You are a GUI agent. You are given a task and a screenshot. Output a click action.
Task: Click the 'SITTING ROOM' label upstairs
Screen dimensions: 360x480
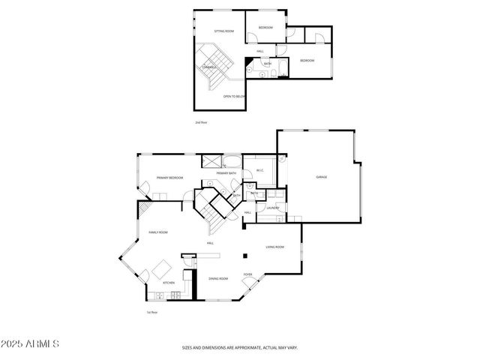(x=224, y=31)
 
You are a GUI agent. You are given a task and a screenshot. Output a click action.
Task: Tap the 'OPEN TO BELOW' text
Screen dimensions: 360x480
(x=234, y=97)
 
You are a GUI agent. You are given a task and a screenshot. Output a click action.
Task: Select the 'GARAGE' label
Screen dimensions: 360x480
(x=321, y=177)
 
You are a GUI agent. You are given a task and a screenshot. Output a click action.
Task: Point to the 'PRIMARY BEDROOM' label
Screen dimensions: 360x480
(x=170, y=178)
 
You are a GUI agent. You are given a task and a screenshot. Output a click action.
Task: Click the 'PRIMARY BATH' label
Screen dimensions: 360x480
(x=227, y=174)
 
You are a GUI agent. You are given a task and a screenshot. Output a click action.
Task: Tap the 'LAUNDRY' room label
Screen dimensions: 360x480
(x=272, y=208)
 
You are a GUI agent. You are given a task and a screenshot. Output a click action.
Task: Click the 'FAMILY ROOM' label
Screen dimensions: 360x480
(x=157, y=233)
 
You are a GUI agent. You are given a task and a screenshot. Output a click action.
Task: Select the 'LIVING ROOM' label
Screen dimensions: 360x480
(x=274, y=247)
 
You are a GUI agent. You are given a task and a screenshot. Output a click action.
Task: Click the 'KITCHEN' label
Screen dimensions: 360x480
(x=169, y=283)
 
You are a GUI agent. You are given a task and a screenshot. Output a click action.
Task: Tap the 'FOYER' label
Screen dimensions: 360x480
(x=247, y=274)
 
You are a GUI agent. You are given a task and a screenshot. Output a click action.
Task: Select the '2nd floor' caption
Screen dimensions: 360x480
(x=199, y=121)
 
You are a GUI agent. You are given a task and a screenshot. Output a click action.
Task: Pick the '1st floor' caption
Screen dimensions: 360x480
(x=151, y=312)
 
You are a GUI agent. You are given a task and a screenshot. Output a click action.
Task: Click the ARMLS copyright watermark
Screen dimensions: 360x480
(x=30, y=343)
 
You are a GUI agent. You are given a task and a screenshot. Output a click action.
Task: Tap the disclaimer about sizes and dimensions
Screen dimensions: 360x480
(x=240, y=347)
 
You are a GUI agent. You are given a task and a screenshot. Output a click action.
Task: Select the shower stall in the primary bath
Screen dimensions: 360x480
(x=211, y=160)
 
